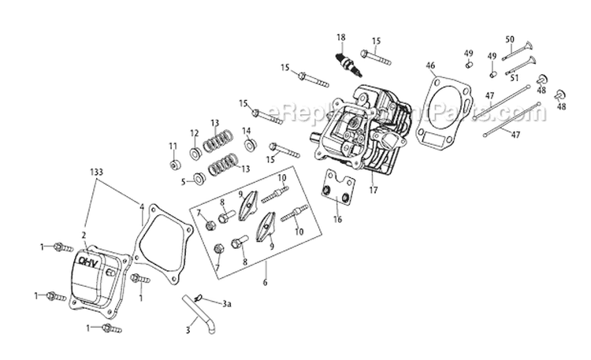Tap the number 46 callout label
(429, 65)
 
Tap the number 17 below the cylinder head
(374, 189)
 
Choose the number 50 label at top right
(510, 39)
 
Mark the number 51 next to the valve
(514, 78)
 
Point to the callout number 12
(194, 132)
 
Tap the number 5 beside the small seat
(184, 180)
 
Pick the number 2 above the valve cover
(83, 234)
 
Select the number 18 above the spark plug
(341, 38)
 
